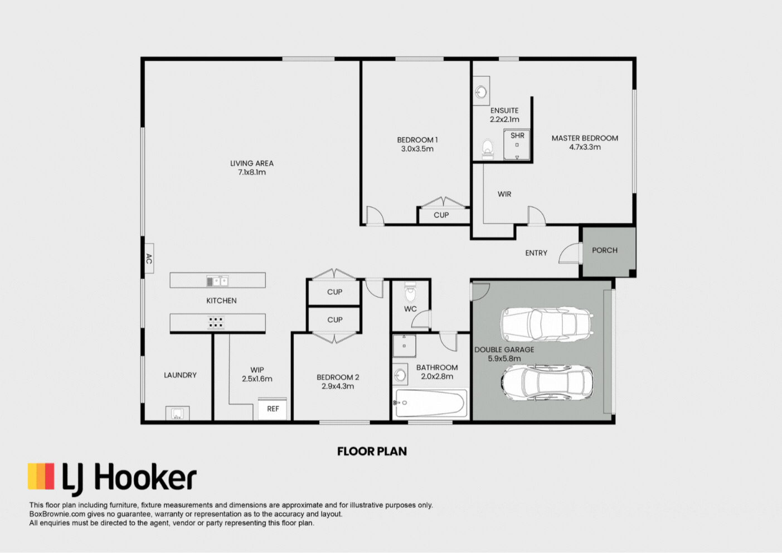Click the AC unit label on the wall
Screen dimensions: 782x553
pyautogui.click(x=149, y=259)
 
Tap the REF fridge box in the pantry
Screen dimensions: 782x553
pyautogui.click(x=273, y=409)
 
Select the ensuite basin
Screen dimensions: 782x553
pyautogui.click(x=482, y=92)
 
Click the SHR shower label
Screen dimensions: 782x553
pyautogui.click(x=517, y=135)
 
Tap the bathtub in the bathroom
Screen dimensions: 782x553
pyautogui.click(x=430, y=404)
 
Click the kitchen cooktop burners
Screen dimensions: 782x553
pyautogui.click(x=216, y=323)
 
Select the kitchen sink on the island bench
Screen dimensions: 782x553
pyautogui.click(x=217, y=281)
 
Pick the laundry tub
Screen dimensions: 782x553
pyautogui.click(x=177, y=413)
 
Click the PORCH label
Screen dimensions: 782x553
pyautogui.click(x=605, y=250)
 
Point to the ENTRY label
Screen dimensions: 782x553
pyautogui.click(x=536, y=253)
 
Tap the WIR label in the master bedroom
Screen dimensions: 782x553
pyautogui.click(x=504, y=194)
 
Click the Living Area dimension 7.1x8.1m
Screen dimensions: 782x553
pyautogui.click(x=252, y=172)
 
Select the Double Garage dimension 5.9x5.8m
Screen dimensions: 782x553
pyautogui.click(x=504, y=358)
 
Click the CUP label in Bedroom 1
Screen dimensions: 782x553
pyautogui.click(x=441, y=215)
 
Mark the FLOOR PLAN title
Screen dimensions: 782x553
pyautogui.click(x=372, y=452)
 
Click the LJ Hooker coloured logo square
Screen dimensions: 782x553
pyautogui.click(x=41, y=476)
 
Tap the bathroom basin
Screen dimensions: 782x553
pyautogui.click(x=400, y=375)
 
